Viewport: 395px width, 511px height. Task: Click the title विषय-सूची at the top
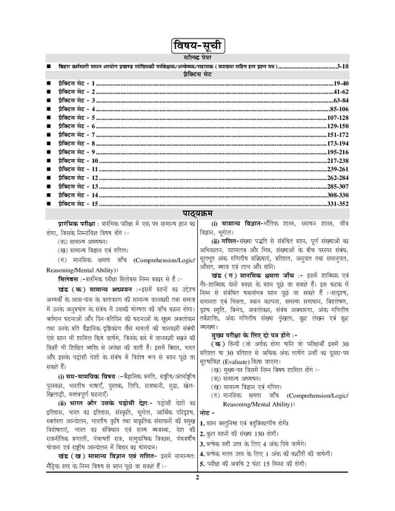[197, 41]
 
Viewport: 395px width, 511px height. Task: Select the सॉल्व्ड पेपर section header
[197, 57]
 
